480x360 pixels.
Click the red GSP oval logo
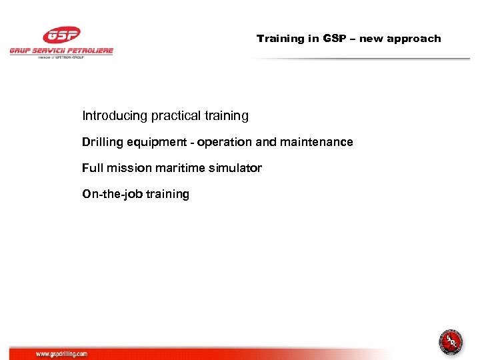(x=61, y=35)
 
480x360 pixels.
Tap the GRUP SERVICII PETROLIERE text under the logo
(x=61, y=51)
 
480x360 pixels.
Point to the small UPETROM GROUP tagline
(x=61, y=57)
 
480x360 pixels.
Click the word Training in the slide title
(x=281, y=39)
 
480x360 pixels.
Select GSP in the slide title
(x=335, y=39)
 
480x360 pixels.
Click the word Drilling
(x=101, y=142)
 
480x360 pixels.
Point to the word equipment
(x=159, y=142)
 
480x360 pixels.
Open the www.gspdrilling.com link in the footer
(x=61, y=354)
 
